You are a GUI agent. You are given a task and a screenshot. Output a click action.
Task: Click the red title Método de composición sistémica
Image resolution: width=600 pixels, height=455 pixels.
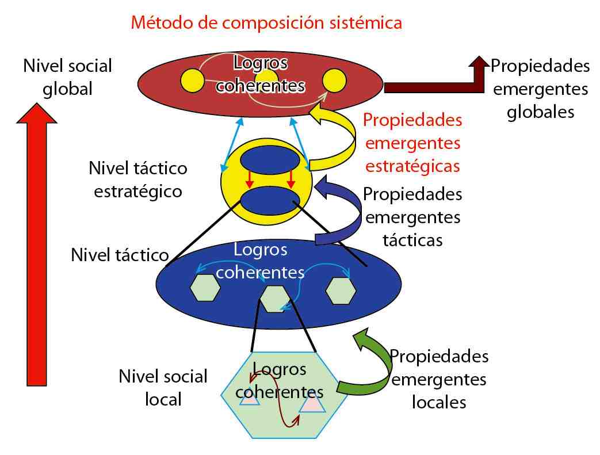point(266,23)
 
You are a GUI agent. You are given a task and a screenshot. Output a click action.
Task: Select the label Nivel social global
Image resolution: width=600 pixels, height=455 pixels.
point(67,77)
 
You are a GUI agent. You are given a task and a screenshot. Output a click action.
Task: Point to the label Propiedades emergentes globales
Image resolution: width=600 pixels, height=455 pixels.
point(540,89)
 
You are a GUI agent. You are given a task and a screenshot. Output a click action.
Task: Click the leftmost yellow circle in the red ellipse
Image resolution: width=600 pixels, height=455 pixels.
point(192,81)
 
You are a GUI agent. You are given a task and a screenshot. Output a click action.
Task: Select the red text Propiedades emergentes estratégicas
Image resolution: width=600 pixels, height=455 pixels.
point(413,143)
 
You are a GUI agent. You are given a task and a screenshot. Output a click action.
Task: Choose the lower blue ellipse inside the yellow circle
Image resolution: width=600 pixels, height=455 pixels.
point(269,200)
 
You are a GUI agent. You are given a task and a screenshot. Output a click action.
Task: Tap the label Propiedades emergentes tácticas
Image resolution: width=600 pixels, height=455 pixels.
point(413,216)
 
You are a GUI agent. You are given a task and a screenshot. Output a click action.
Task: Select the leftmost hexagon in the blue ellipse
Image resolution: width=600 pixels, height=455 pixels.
point(205,288)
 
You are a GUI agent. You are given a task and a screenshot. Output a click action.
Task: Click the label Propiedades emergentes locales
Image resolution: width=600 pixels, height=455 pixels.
point(439,378)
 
